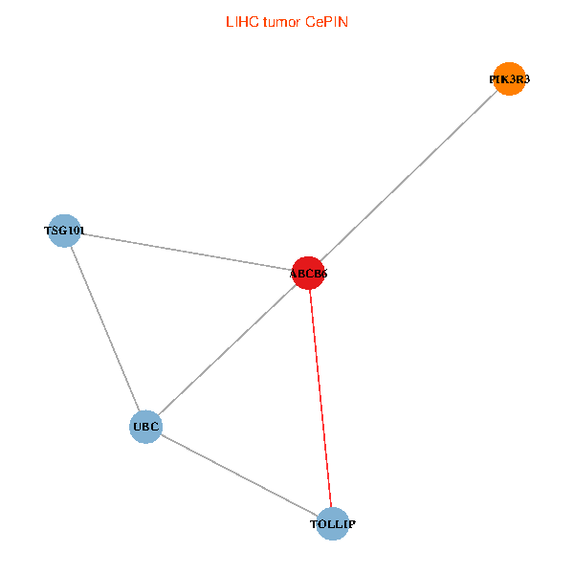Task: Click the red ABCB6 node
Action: pos(309,274)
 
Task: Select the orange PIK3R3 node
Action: pos(510,80)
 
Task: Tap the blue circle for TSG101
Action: pos(64,231)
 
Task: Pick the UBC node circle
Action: pos(145,426)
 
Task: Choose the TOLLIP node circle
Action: pos(332,523)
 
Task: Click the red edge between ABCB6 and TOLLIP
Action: pos(320,398)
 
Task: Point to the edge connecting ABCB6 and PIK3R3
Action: pos(409,177)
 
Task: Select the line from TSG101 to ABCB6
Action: pos(187,252)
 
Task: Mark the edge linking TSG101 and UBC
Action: pos(104,328)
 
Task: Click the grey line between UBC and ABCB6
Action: pos(227,350)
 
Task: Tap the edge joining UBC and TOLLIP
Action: pos(239,475)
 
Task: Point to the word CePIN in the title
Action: pos(326,21)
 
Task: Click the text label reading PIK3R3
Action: pos(510,80)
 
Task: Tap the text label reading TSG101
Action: pos(64,231)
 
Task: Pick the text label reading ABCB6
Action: pos(309,275)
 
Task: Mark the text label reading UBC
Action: pos(145,426)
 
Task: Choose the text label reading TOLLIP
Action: pos(332,524)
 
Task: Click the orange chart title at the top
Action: pos(286,21)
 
